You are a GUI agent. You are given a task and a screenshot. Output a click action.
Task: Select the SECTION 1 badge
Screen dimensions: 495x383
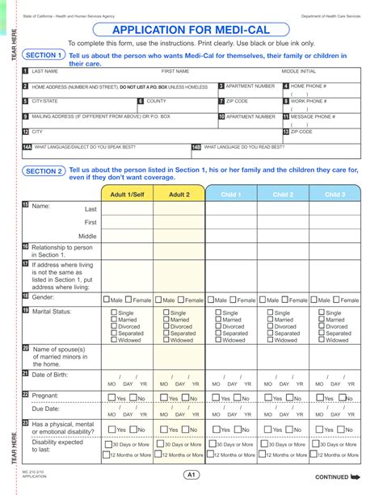click(43, 56)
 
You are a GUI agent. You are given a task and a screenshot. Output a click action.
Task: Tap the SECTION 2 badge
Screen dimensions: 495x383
click(43, 171)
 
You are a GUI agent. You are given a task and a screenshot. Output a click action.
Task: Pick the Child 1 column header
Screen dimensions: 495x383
click(231, 195)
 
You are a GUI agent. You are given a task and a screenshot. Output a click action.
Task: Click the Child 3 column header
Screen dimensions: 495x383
click(335, 195)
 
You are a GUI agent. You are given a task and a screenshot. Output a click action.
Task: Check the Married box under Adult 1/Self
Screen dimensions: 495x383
click(114, 320)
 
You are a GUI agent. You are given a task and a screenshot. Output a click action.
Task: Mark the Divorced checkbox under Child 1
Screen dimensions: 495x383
click(218, 326)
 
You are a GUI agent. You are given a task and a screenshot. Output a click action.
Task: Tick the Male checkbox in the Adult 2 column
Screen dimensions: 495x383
click(159, 300)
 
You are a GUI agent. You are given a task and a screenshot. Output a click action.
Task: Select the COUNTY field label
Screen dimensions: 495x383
click(157, 102)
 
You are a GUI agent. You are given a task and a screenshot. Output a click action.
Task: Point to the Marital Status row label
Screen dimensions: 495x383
click(53, 311)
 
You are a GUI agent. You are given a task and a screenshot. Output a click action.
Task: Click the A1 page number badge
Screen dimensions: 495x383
click(191, 475)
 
